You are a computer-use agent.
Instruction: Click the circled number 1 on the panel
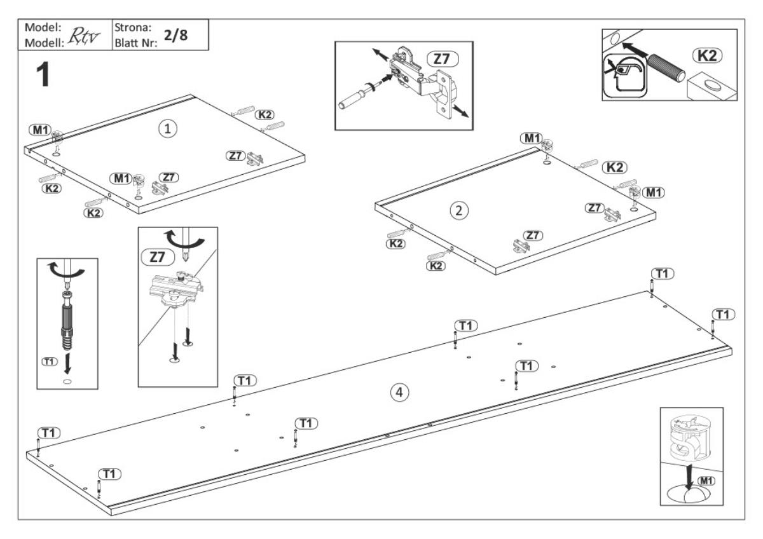(x=167, y=128)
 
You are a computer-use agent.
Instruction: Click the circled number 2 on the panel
(x=456, y=211)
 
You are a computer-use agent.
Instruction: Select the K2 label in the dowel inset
(x=710, y=55)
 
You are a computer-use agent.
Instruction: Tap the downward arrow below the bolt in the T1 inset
(x=67, y=360)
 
